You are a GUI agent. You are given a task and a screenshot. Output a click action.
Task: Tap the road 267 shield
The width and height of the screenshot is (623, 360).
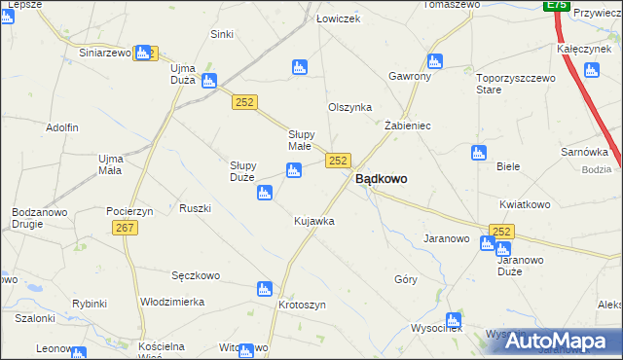click(124, 228)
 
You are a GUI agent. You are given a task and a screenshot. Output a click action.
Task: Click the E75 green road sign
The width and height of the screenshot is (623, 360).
click(556, 5)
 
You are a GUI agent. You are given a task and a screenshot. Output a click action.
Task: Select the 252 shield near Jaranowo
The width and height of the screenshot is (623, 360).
click(501, 231)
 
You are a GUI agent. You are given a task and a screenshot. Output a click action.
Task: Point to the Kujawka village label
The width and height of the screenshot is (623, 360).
click(314, 221)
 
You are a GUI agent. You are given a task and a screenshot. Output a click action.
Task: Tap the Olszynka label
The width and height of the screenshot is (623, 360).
click(349, 108)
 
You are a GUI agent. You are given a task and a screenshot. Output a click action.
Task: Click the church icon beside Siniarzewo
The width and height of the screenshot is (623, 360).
click(144, 53)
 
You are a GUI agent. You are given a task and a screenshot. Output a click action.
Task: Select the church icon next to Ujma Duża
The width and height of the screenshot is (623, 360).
click(209, 81)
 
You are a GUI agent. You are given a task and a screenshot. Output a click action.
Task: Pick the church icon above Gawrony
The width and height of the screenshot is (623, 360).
click(435, 60)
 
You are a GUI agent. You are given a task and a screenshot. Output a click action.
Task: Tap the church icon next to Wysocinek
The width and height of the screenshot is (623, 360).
click(453, 320)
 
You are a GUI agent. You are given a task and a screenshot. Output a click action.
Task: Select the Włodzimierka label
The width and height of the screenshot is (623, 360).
click(172, 302)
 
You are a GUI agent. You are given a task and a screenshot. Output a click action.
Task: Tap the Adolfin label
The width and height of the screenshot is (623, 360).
click(61, 127)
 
